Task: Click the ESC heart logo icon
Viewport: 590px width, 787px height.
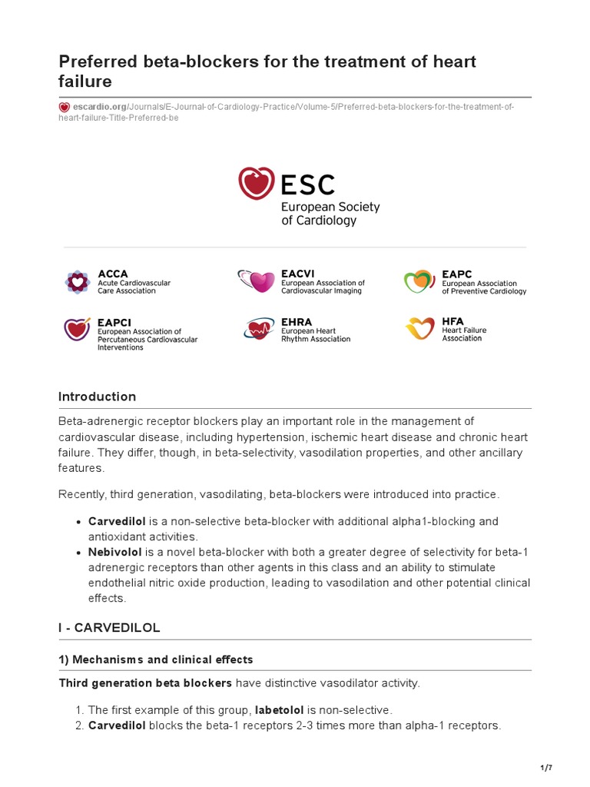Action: click(x=257, y=184)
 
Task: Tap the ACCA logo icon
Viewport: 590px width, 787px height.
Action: click(x=77, y=282)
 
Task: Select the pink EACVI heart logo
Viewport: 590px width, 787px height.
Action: click(x=256, y=282)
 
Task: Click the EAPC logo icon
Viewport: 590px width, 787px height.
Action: click(x=419, y=282)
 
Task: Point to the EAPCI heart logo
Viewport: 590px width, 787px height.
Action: click(x=77, y=330)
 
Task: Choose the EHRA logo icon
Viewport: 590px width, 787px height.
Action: click(x=257, y=330)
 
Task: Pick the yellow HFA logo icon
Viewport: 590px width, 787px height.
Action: click(x=419, y=329)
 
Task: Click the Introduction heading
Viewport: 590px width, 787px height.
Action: click(x=97, y=397)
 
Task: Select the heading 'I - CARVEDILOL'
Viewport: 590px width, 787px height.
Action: click(x=109, y=628)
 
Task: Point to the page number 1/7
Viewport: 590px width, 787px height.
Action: click(x=546, y=769)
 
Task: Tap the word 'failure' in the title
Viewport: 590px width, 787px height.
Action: click(x=85, y=81)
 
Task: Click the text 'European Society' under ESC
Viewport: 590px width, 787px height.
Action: click(x=330, y=208)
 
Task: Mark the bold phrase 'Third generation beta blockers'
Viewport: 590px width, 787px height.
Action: click(x=145, y=683)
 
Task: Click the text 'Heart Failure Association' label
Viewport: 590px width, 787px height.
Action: click(x=464, y=334)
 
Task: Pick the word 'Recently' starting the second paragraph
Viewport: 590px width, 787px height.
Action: click(x=83, y=493)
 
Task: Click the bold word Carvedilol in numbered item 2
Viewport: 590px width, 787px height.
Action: click(x=117, y=725)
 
